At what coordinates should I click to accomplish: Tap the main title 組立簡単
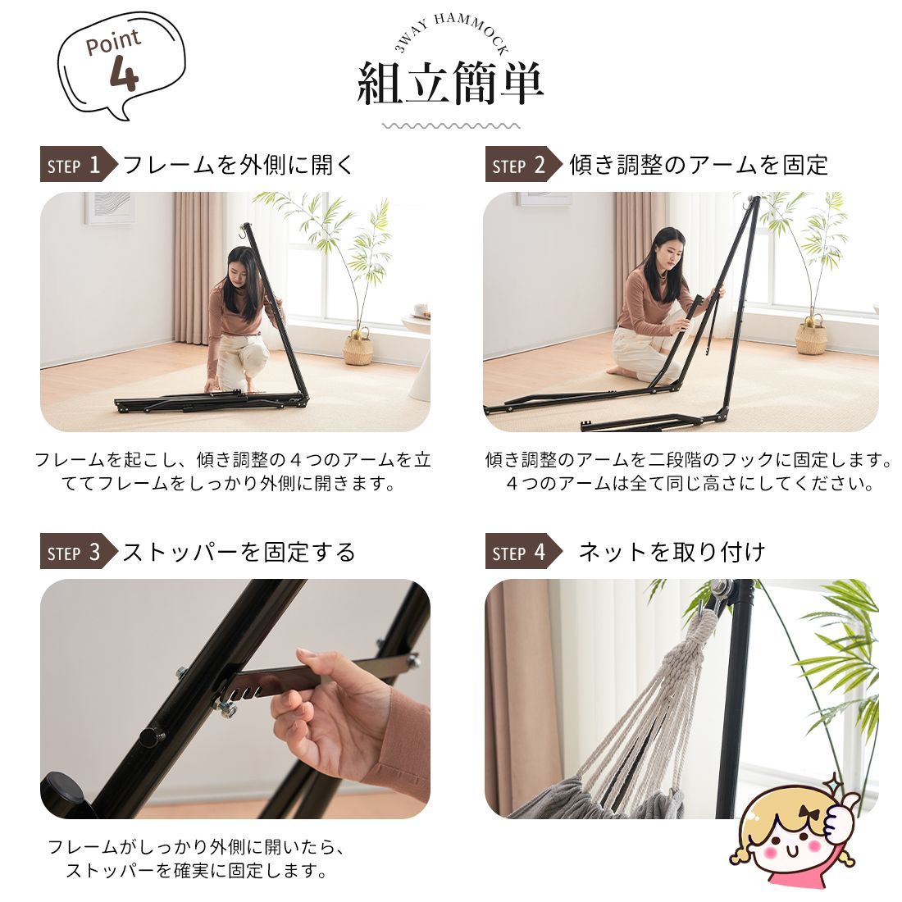450,84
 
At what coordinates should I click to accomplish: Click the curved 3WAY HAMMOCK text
451,36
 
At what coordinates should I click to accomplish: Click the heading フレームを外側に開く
239,165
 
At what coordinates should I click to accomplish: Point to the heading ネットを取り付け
672,552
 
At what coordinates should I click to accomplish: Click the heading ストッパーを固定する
239,552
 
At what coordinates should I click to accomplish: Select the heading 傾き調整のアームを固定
699,165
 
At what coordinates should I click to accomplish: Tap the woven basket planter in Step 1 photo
358,348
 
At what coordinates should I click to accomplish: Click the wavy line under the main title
451,126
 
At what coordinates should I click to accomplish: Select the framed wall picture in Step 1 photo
110,207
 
